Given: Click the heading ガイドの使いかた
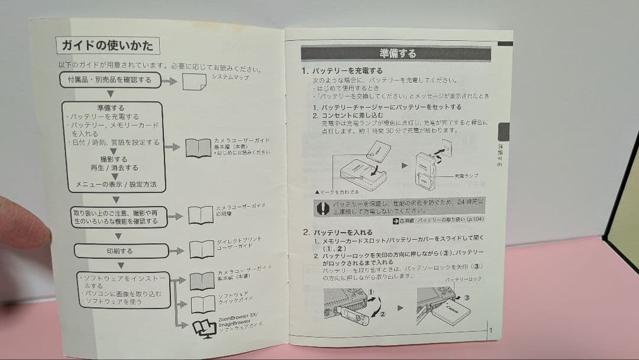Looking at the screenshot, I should click(108, 45).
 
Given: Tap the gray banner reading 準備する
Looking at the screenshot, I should click(396, 53).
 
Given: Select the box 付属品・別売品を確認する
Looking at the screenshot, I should click(110, 79).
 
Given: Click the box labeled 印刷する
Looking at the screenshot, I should click(121, 250).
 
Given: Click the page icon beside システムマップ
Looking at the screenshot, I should click(194, 82).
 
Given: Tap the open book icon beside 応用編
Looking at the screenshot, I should click(201, 215).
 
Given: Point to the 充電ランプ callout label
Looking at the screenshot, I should click(467, 176).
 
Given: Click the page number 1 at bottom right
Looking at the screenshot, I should click(490, 330).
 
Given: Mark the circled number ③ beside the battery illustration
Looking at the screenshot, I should click(466, 298).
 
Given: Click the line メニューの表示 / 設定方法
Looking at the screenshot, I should click(116, 185).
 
